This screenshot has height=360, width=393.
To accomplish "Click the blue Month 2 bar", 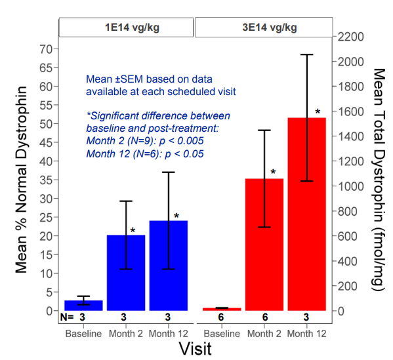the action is pos(126,273).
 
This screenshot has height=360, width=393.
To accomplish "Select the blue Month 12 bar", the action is pos(169,266).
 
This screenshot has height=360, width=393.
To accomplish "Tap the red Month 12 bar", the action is pos(307,214).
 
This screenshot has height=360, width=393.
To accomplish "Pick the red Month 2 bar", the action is pos(264,245).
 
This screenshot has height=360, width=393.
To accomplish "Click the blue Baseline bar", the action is pos(83,306).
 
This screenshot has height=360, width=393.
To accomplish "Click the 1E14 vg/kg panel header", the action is pos(127,28).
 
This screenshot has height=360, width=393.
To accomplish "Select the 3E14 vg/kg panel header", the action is pos(264,28).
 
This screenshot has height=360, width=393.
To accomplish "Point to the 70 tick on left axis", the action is pos(46,49).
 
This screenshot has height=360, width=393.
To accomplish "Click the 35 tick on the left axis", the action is pos(46,180).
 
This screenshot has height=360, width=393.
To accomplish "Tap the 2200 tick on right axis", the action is pos(350,37).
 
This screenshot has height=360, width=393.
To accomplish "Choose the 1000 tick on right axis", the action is pos(350,186).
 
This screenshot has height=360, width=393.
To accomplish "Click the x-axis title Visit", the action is pos(196,348).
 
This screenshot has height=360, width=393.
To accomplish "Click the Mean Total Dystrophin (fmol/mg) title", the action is pos(379,180).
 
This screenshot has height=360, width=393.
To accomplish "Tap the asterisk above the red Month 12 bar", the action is pos(318,111).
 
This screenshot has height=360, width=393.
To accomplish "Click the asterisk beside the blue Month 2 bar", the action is pos(133,230).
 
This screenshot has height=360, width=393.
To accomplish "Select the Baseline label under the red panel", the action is pos(222,334).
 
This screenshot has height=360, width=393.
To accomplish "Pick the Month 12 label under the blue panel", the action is pos(169,334).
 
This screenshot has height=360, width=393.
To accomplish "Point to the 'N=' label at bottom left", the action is pos(67,317).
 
